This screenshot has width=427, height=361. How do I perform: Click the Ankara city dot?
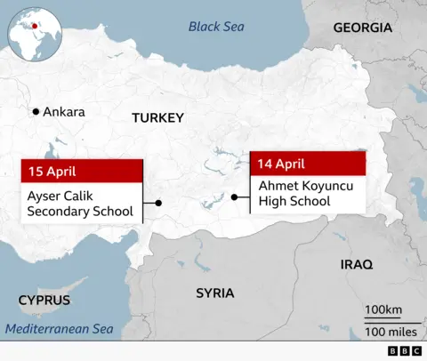[x=36, y=111]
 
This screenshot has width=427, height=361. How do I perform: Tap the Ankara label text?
[x=64, y=112]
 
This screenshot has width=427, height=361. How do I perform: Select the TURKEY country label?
[x=157, y=117]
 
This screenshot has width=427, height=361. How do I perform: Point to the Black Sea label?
[x=215, y=27]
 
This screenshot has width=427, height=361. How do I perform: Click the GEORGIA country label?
[x=362, y=28]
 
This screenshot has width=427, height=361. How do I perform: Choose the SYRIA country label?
[x=215, y=293]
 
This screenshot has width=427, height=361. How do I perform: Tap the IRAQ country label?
[x=357, y=264]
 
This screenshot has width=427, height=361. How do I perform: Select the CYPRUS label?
[x=44, y=300]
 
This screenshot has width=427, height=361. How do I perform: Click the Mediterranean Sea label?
[x=60, y=330]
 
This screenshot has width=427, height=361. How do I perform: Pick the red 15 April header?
[x=81, y=171]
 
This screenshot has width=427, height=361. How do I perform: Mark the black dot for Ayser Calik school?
[x=158, y=204]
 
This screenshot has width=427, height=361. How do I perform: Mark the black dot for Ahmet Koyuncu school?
[x=233, y=197]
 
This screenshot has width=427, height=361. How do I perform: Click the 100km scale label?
[x=383, y=309]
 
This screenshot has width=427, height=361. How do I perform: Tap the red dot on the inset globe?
[x=36, y=25]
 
